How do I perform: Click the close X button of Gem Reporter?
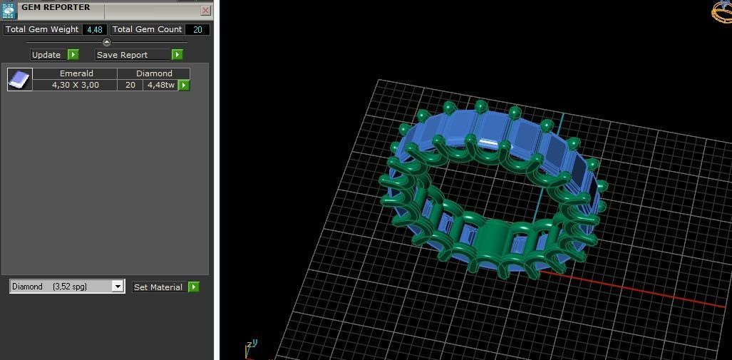(205, 11)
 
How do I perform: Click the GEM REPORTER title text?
(56, 8)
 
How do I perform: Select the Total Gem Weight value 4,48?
(94, 30)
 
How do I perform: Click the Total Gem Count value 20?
(197, 30)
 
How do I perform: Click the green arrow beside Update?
(73, 55)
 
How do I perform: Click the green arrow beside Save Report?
(177, 55)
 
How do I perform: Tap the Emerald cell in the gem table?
(76, 73)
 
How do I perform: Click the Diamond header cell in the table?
(154, 73)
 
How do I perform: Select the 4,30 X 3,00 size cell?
(75, 85)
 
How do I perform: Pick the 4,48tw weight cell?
(160, 85)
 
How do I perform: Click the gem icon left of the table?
(19, 79)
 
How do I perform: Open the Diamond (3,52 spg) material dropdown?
(118, 287)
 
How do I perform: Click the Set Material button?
(158, 287)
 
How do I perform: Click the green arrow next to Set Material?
(193, 287)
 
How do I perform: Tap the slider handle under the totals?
(107, 42)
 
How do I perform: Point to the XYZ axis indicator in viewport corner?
(250, 346)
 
